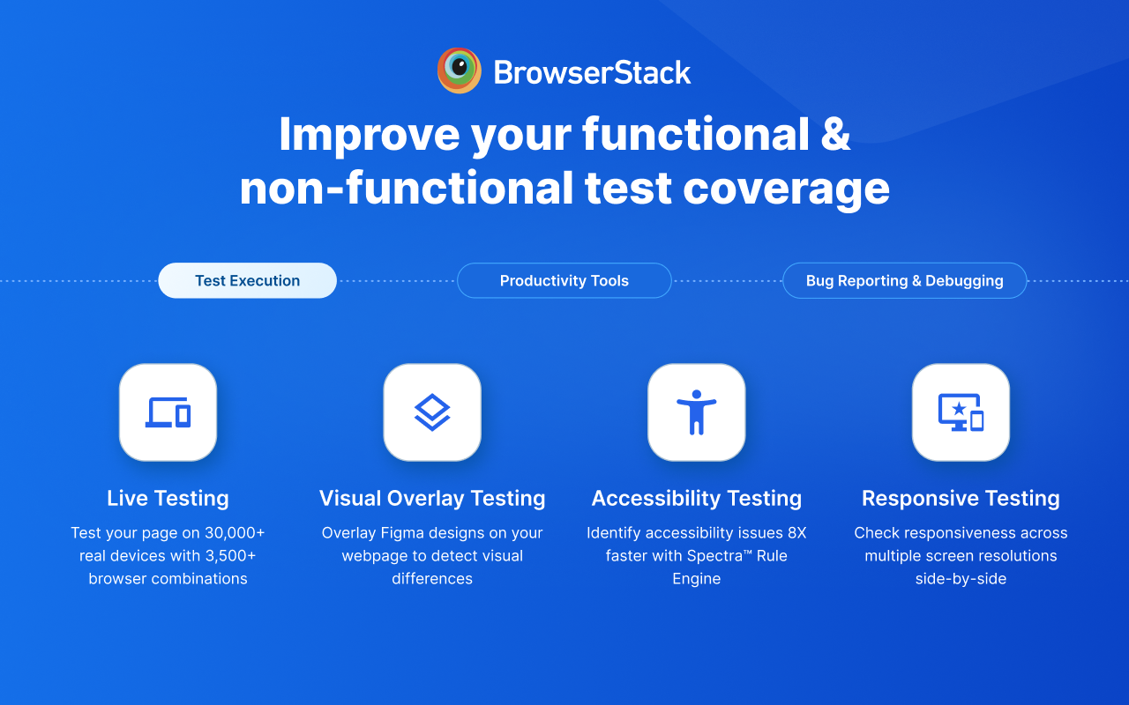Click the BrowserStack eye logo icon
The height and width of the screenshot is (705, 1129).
(x=459, y=70)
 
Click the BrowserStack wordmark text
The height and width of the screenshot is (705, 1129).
(x=592, y=72)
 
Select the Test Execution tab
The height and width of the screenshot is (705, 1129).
(x=247, y=280)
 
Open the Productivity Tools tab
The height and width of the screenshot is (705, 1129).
(x=564, y=280)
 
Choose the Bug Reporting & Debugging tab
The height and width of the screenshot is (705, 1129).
(x=904, y=280)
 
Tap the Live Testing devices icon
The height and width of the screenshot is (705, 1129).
(x=168, y=412)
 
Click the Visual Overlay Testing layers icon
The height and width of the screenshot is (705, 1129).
(x=432, y=412)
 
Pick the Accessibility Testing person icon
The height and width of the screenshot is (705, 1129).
(x=697, y=412)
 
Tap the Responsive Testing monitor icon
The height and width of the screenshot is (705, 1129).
(x=961, y=412)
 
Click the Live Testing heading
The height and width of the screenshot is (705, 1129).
(x=168, y=498)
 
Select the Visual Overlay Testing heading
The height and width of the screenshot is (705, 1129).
(x=432, y=498)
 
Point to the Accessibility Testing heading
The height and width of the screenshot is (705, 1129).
(x=697, y=498)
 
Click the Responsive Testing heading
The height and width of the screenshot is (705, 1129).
(x=961, y=498)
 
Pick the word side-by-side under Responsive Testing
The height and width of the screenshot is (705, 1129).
(x=961, y=579)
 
